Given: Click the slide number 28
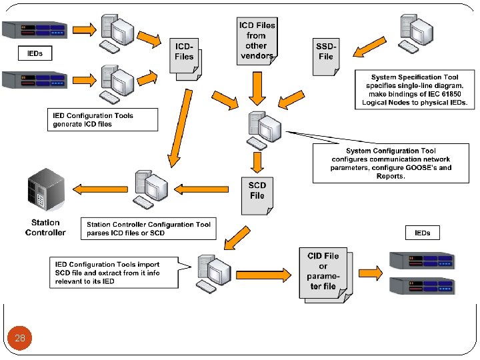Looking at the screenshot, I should [x=20, y=338].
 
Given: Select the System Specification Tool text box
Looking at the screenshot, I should [x=417, y=91].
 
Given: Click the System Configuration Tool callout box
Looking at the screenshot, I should [x=391, y=164].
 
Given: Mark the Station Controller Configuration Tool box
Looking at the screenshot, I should [x=148, y=229].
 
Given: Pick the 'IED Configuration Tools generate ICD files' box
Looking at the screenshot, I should [x=103, y=120].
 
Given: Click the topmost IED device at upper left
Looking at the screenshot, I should [x=35, y=30].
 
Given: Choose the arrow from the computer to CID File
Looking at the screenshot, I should [x=264, y=275].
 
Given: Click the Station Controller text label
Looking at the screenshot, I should [x=45, y=227].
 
